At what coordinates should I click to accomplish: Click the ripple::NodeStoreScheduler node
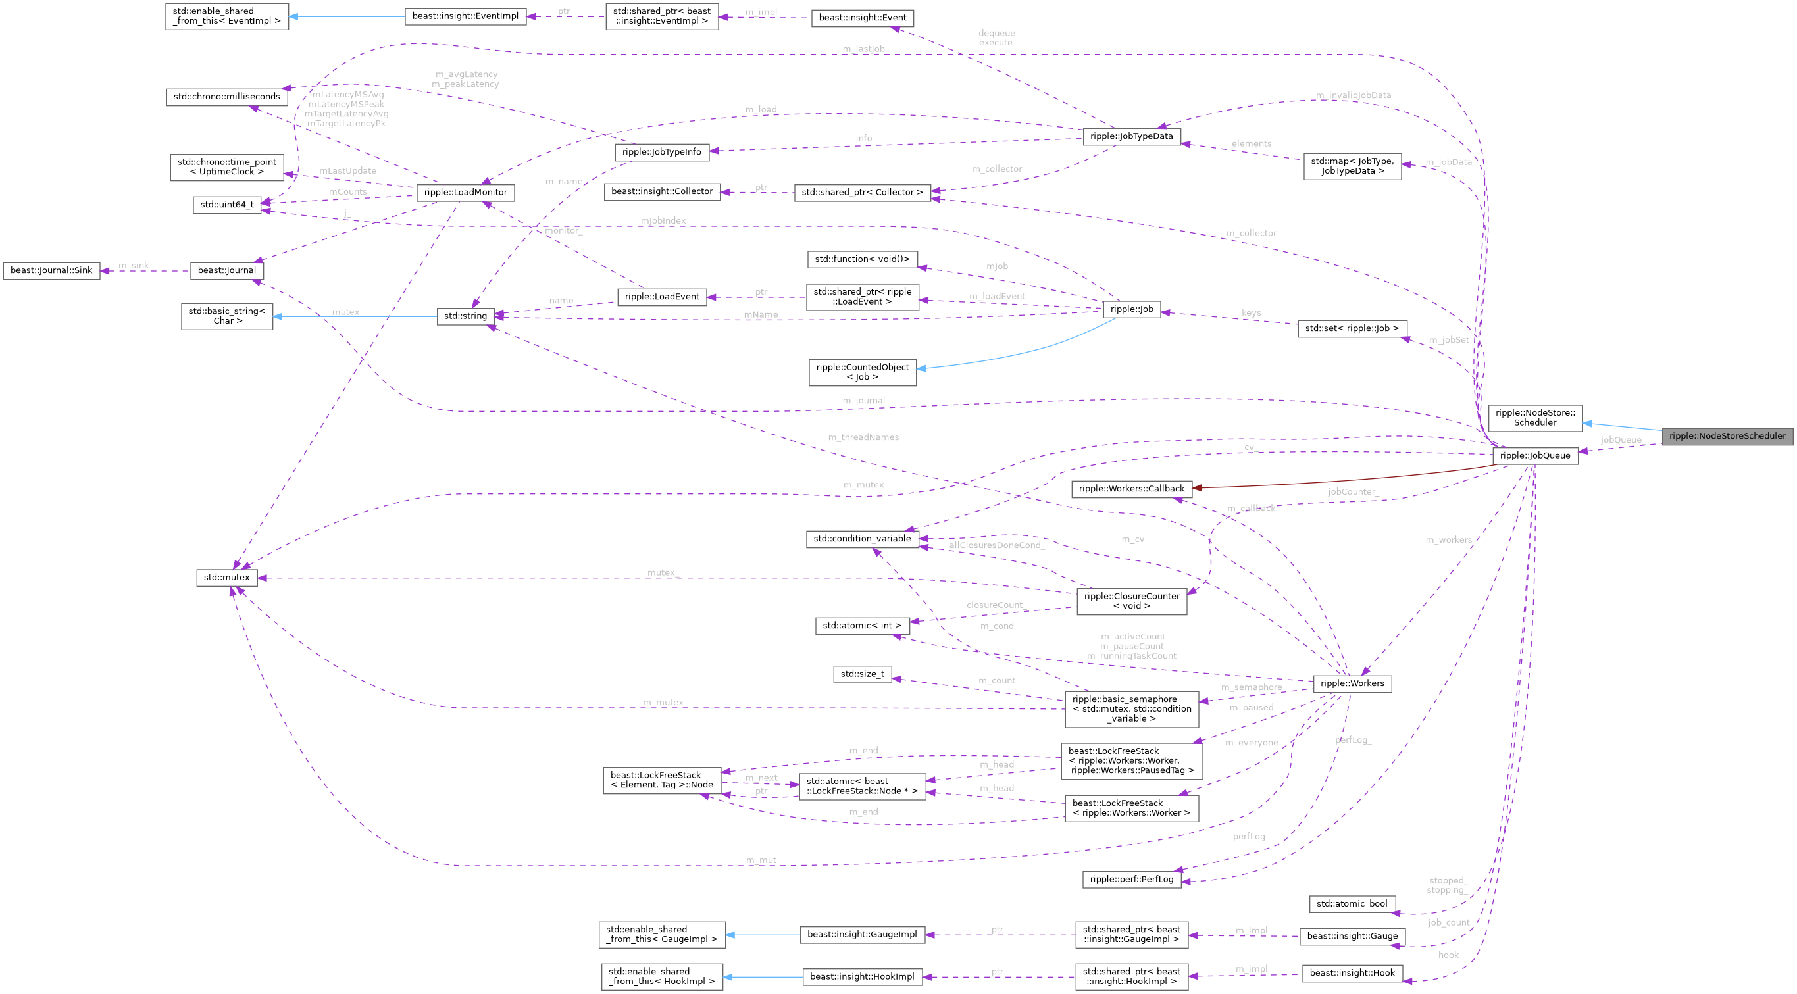pyautogui.click(x=1727, y=436)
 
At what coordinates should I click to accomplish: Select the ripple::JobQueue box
pyautogui.click(x=1534, y=455)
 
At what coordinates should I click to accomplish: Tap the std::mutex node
pyautogui.click(x=227, y=578)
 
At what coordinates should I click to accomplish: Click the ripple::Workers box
pyautogui.click(x=1352, y=683)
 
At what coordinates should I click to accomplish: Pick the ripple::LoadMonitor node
pyautogui.click(x=465, y=192)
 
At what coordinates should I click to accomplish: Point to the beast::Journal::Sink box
pyautogui.click(x=51, y=270)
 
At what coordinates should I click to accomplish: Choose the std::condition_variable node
pyautogui.click(x=862, y=539)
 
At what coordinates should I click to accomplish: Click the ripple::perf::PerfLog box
pyautogui.click(x=1132, y=879)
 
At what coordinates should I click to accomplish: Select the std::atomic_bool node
pyautogui.click(x=1352, y=903)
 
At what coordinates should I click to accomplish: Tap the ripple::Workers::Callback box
pyautogui.click(x=1131, y=489)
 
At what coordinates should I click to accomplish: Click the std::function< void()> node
pyautogui.click(x=862, y=259)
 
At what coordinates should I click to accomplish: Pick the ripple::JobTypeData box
pyautogui.click(x=1131, y=136)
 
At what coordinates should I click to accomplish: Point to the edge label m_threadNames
pyautogui.click(x=863, y=437)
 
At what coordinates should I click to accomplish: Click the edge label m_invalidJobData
pyautogui.click(x=1353, y=95)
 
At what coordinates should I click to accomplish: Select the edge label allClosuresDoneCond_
pyautogui.click(x=996, y=545)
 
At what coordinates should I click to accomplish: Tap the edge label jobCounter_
pyautogui.click(x=1353, y=492)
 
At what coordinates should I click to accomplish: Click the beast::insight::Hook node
pyautogui.click(x=1352, y=973)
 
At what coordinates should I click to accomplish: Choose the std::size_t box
pyautogui.click(x=862, y=674)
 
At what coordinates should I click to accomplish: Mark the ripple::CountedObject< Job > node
pyautogui.click(x=862, y=372)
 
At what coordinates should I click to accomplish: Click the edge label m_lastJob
pyautogui.click(x=863, y=49)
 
